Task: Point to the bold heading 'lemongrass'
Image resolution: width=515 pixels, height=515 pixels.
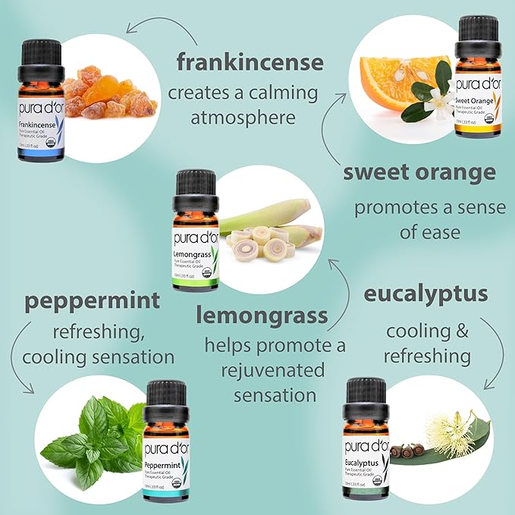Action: pos(262,314)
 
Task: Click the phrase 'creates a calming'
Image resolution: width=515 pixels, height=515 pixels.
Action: pos(243,93)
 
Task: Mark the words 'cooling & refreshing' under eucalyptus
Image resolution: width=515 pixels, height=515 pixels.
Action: pos(426,343)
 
